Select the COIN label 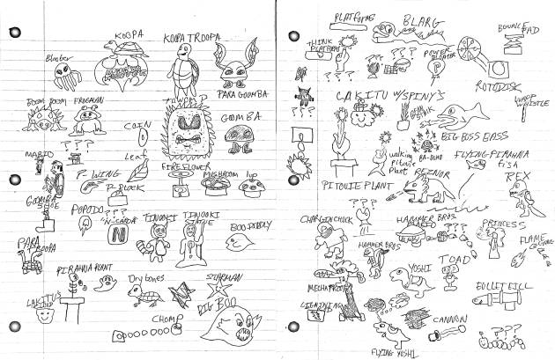(137, 126)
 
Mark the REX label (517, 176)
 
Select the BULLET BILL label (499, 288)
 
